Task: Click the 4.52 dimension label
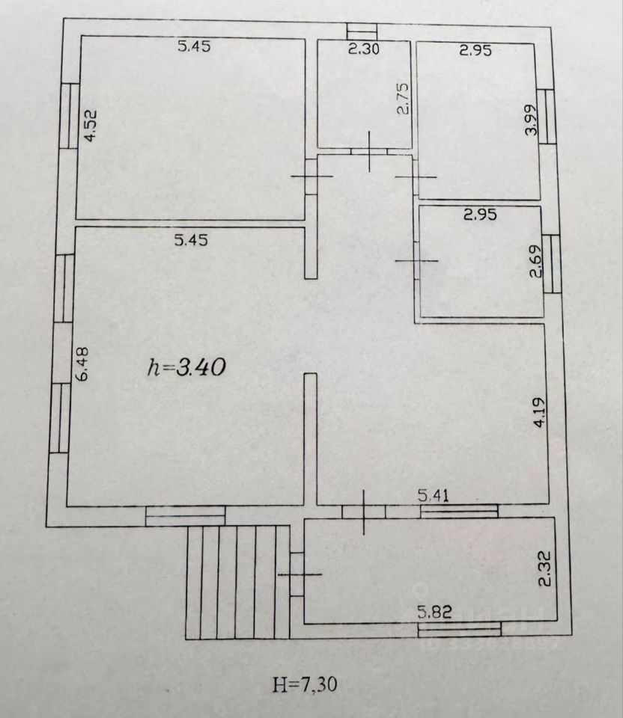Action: click(91, 124)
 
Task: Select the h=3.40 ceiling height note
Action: click(186, 367)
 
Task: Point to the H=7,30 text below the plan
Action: click(305, 684)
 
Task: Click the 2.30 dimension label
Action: click(364, 49)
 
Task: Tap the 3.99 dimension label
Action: click(531, 120)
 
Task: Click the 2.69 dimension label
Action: click(536, 262)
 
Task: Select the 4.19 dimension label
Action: click(540, 412)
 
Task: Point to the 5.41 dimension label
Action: click(434, 495)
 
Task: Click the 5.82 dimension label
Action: click(434, 612)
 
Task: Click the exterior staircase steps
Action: click(237, 582)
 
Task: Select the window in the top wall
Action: click(362, 31)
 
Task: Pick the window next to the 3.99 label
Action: click(547, 117)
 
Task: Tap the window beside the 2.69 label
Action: click(552, 264)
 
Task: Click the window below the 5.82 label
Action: click(459, 629)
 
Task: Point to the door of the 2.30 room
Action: click(369, 152)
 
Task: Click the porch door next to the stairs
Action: click(297, 574)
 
